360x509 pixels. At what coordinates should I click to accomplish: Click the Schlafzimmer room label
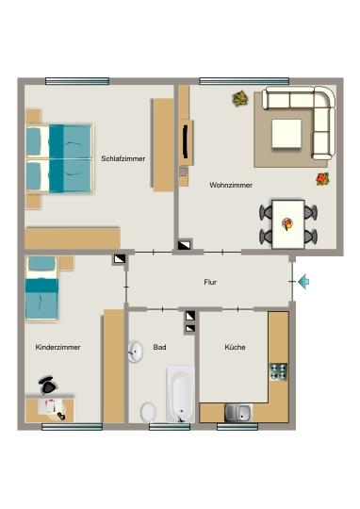point(123,158)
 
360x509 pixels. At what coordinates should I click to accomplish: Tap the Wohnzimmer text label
point(230,185)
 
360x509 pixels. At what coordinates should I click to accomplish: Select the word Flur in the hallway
point(210,282)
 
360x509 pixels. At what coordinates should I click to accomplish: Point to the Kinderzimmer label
point(57,347)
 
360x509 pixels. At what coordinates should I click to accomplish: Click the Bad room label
point(160,347)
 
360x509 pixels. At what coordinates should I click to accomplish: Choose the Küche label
point(235,347)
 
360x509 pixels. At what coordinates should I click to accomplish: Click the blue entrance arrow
point(303,281)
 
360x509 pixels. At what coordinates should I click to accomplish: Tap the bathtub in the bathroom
point(180,394)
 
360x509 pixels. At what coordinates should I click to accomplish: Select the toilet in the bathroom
point(148,412)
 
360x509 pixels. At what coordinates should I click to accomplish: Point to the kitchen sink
point(237,412)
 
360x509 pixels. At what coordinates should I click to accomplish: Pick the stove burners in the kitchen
point(278,371)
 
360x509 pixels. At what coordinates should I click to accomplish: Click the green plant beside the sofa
point(240,97)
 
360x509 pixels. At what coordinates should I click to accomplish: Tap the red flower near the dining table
point(321,177)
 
